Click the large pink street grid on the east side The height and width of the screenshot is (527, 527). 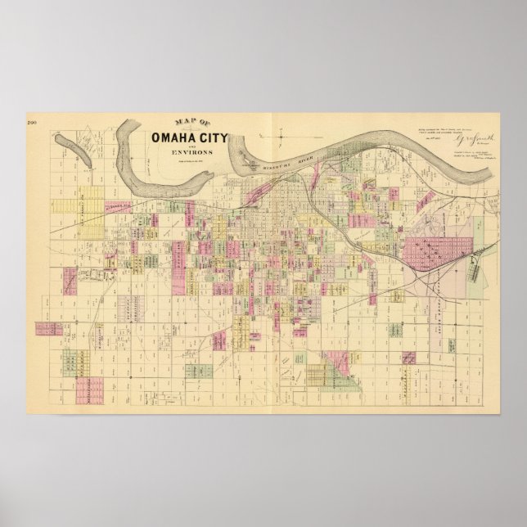pyautogui.click(x=439, y=254)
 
